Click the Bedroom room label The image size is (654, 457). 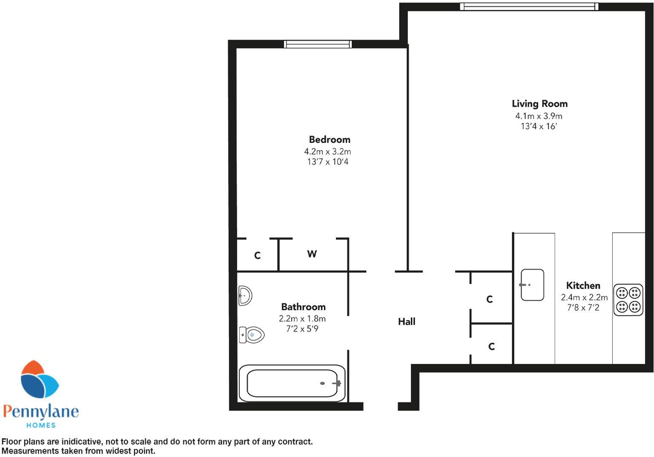coord(330,139)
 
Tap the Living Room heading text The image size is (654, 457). coord(539,104)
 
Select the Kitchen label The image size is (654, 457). coord(583,286)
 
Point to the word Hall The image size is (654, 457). coord(406,322)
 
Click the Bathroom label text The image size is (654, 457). coord(303,307)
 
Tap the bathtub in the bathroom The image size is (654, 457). coord(292,383)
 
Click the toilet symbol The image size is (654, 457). coord(252,335)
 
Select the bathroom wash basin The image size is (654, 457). coord(245,295)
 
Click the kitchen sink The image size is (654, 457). coord(532,285)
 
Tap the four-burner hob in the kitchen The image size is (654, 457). coord(628,300)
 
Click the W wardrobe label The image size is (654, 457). coord(312,254)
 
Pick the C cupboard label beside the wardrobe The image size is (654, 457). coord(257,255)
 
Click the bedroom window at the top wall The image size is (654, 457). coord(318,44)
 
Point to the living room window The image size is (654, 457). coord(529,6)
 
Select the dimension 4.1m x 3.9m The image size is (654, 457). coord(539,116)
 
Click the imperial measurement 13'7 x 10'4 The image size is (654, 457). coord(327,162)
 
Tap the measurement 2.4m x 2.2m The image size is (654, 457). coord(584,298)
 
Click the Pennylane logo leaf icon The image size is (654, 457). coord(39,380)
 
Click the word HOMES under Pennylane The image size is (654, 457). coord(41,425)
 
